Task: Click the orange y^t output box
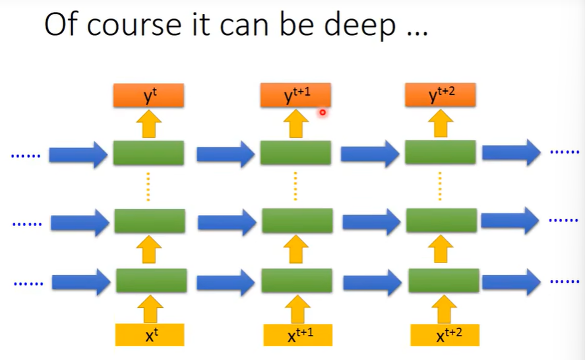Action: click(149, 96)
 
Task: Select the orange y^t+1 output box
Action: click(295, 96)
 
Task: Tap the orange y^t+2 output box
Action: click(440, 96)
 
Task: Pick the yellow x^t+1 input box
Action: click(299, 334)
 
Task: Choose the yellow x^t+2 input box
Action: click(445, 334)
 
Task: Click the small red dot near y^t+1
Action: click(323, 113)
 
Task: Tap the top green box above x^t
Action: click(148, 153)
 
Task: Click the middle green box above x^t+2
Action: click(441, 220)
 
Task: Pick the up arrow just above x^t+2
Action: click(443, 308)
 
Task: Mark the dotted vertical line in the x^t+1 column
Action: click(295, 187)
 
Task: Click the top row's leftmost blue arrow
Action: click(79, 154)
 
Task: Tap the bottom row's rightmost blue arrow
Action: click(510, 281)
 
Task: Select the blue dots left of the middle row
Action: click(27, 224)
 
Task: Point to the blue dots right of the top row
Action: click(564, 152)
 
